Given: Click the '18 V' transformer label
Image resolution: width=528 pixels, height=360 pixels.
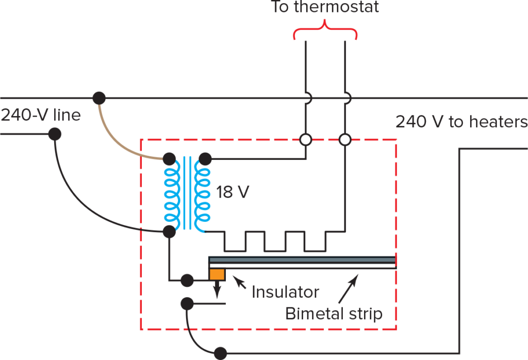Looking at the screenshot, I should point(233,193).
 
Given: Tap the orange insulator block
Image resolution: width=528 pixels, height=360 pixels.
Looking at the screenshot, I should point(217,274).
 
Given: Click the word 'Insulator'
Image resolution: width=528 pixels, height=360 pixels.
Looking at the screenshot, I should point(285,292).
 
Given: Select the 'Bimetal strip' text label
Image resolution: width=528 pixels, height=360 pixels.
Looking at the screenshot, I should point(334,313).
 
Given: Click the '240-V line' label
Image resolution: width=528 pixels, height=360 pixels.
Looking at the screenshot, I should point(40,114).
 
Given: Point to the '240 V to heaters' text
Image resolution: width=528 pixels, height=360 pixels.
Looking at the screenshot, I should point(461,122).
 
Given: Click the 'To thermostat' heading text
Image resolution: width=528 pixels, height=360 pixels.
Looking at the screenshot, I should point(325,7).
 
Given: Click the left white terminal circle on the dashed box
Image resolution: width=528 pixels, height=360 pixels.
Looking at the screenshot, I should point(306,139).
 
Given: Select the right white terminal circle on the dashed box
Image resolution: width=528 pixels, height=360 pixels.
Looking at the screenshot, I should point(345,139).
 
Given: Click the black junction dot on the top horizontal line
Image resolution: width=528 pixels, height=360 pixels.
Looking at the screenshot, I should point(99,97).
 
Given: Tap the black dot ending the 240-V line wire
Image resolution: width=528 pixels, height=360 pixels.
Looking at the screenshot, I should point(55,134).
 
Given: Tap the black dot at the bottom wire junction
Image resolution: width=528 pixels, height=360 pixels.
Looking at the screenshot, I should point(220,353).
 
